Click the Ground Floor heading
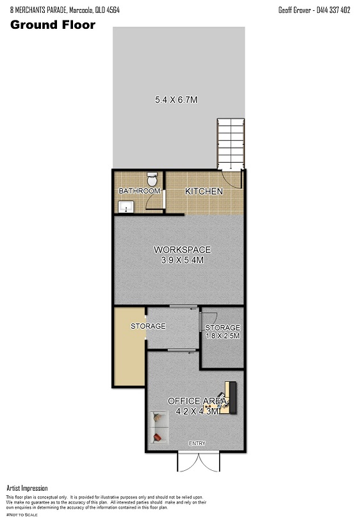[x=53, y=25]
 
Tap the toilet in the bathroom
[x=152, y=179]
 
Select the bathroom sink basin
[x=126, y=206]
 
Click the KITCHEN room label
[x=204, y=191]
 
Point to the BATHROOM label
[x=140, y=191]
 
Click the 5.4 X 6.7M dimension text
[x=176, y=99]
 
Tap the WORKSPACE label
[x=182, y=250]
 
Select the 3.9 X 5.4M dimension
[x=182, y=260]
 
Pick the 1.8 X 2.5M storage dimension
[x=223, y=336]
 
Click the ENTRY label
[x=197, y=443]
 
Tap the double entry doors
[x=199, y=462]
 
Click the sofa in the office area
[x=159, y=427]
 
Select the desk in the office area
[x=227, y=398]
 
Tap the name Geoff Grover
[x=295, y=10]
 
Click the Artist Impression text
[x=27, y=488]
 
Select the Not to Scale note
[x=22, y=514]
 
